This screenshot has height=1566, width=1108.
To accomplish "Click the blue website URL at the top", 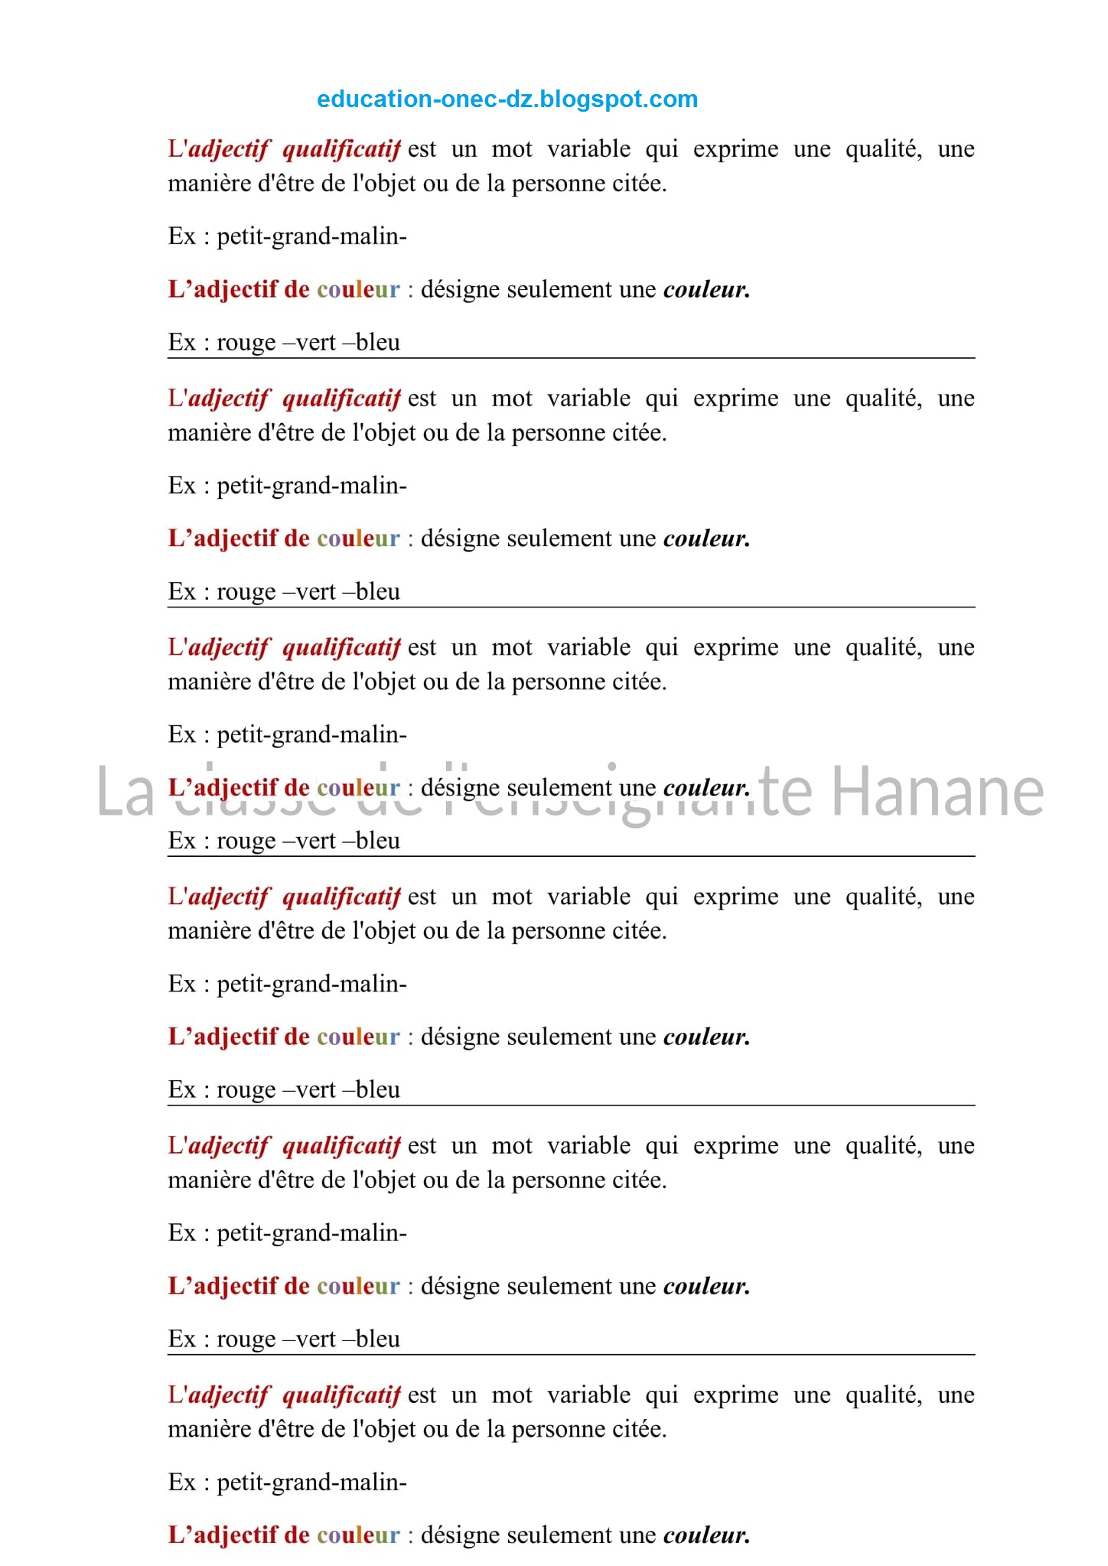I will [x=507, y=99].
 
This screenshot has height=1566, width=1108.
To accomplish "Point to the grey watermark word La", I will [x=125, y=793].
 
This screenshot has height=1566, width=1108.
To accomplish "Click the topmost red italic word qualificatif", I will [x=341, y=148].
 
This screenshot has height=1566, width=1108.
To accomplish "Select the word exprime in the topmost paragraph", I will [x=735, y=148].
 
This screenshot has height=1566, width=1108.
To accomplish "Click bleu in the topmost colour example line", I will [x=378, y=342].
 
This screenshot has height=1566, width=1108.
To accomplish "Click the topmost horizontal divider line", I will [x=571, y=357].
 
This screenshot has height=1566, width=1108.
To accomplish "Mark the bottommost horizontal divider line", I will [x=571, y=1354].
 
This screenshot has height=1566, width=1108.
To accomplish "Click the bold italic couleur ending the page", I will [x=705, y=1535].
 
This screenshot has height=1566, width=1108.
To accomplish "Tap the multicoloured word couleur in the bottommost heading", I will [x=358, y=1535].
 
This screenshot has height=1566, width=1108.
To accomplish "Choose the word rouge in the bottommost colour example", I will [x=246, y=1339].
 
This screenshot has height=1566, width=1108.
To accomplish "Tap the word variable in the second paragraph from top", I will [x=588, y=398].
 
